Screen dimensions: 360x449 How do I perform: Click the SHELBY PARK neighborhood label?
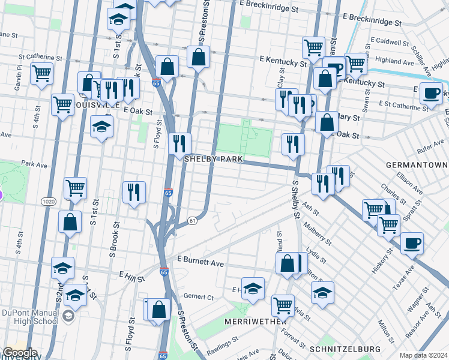(x=213, y=159)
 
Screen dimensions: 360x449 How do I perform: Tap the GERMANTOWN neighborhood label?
(x=417, y=165)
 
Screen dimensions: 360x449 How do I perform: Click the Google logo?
(x=20, y=353)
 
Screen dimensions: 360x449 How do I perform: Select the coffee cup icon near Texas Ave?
(x=412, y=243)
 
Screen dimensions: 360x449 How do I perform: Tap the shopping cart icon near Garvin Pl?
(x=41, y=74)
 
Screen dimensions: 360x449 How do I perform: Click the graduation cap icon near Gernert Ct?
(x=253, y=289)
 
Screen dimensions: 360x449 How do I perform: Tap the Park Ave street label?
(x=34, y=163)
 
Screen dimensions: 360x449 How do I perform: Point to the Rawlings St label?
(x=221, y=347)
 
